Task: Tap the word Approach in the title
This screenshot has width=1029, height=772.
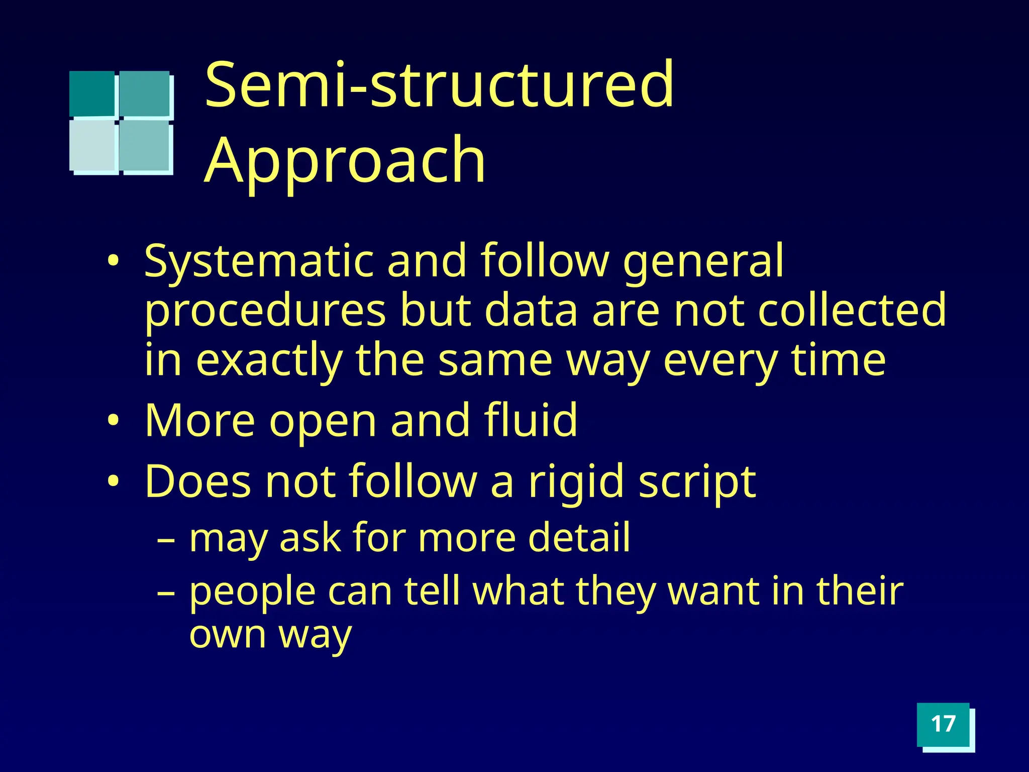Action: (x=345, y=161)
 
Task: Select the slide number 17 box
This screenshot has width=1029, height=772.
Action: (x=943, y=724)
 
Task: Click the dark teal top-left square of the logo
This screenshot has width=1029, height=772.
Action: (x=92, y=93)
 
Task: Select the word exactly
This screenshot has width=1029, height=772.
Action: (x=269, y=361)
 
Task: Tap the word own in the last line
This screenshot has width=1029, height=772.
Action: (x=227, y=634)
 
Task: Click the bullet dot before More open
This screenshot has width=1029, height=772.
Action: (x=114, y=420)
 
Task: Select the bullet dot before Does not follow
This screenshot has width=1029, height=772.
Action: (x=114, y=481)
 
